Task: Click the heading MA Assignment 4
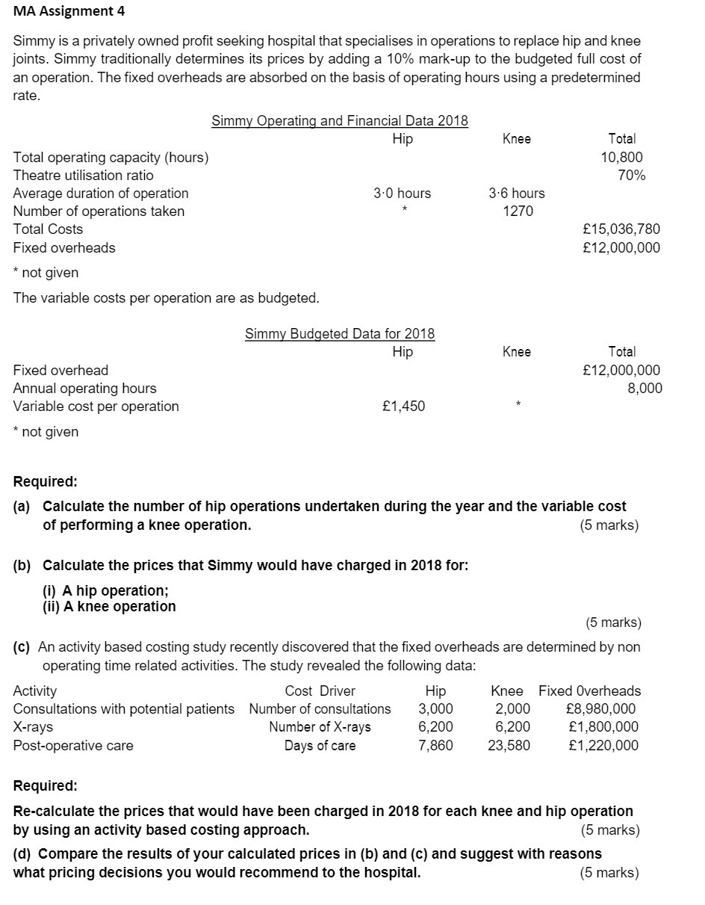(x=69, y=11)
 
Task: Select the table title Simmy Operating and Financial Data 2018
(x=340, y=120)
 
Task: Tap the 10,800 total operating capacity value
(x=621, y=157)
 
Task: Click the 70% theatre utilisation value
(x=631, y=175)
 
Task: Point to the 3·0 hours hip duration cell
(x=402, y=193)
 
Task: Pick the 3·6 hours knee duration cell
(x=516, y=193)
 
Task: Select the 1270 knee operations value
(x=518, y=211)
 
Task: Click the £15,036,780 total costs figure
(x=620, y=229)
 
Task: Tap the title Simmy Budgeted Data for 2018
(x=340, y=333)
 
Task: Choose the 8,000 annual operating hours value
(x=645, y=388)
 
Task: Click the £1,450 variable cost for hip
(x=403, y=406)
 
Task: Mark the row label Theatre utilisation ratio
(x=84, y=175)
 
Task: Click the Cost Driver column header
(x=320, y=691)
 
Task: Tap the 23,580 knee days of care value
(x=509, y=745)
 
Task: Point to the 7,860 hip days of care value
(x=435, y=745)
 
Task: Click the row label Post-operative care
(x=73, y=745)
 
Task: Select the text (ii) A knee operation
(x=109, y=606)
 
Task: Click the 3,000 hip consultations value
(x=435, y=708)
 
